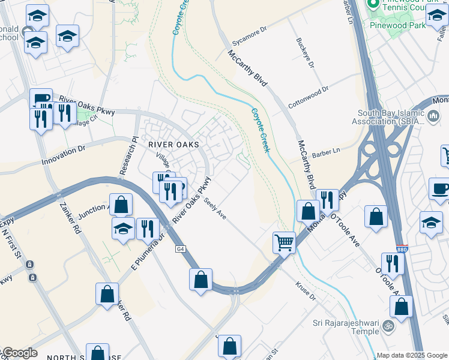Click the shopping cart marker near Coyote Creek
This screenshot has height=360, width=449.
284,242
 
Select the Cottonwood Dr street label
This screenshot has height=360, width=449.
309,97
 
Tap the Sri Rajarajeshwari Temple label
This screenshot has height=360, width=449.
345,327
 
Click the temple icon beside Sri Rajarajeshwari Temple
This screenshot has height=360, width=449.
388,326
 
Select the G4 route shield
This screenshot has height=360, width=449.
180,249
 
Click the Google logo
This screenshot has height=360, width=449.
20,353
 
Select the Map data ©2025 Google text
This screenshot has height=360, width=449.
411,355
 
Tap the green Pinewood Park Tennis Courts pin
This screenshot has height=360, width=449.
373,4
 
